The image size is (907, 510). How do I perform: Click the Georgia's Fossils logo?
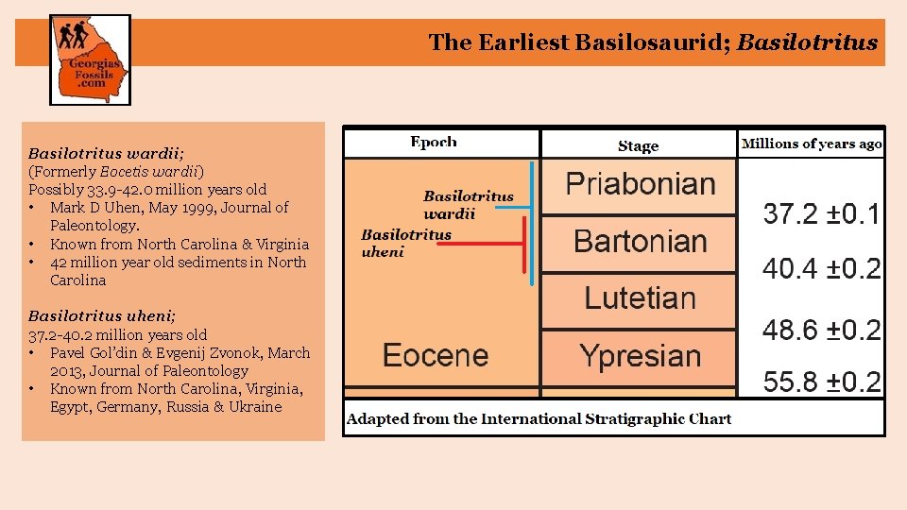(90, 59)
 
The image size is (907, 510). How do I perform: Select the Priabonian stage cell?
(640, 184)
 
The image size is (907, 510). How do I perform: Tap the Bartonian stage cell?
(640, 242)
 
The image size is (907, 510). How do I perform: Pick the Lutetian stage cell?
(640, 298)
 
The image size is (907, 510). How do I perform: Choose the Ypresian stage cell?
(640, 356)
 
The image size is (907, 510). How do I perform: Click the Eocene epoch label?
(436, 356)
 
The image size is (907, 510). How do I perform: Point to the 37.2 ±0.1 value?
(821, 214)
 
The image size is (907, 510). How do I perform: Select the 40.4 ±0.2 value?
(821, 270)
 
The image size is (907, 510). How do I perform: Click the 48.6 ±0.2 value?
(821, 330)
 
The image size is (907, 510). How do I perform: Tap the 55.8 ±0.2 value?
(821, 382)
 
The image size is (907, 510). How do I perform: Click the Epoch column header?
(434, 143)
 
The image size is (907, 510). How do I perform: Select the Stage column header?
(638, 145)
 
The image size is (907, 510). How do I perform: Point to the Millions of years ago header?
(812, 144)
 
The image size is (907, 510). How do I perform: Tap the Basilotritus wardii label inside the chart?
(468, 205)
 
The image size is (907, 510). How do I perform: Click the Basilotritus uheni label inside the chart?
(406, 243)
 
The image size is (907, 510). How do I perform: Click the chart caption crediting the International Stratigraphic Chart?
(539, 418)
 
